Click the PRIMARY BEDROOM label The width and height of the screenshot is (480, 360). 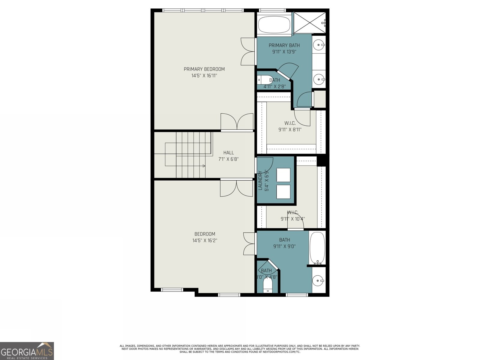(204, 69)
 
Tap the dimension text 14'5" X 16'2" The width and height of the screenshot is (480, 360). (205, 240)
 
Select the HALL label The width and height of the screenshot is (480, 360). (228, 153)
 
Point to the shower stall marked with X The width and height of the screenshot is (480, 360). (309, 22)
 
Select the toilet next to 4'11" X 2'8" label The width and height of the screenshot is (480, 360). (264, 80)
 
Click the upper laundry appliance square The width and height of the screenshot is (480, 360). (283, 175)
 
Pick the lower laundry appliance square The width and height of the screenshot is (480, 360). (283, 192)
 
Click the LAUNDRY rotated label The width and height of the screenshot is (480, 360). (260, 180)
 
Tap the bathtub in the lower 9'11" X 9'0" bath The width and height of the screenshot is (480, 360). (317, 248)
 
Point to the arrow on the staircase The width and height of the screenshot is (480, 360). (204, 166)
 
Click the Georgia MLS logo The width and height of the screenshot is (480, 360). (27, 351)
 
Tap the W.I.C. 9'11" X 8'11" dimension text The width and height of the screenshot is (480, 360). (290, 130)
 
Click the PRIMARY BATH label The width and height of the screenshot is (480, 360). (284, 45)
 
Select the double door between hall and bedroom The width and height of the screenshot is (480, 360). (236, 188)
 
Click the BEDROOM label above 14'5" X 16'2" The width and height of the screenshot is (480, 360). (205, 234)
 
